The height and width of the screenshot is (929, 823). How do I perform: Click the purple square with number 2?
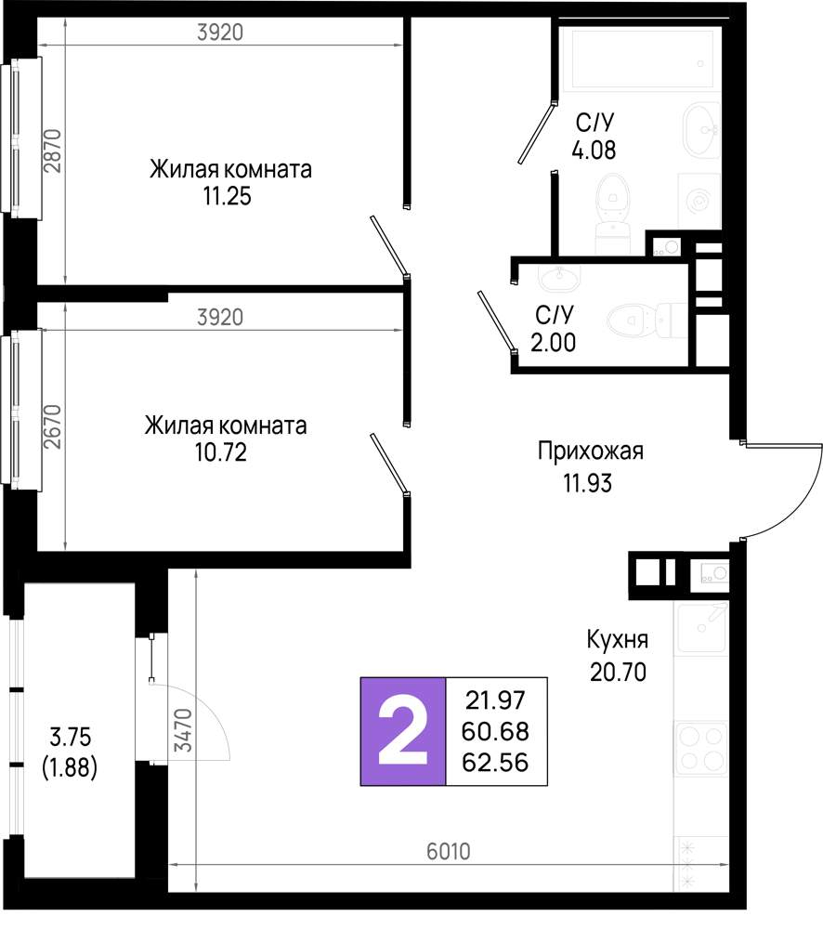point(403,731)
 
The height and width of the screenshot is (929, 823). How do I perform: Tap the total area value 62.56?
point(495,764)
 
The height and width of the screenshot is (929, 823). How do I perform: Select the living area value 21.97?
point(495,699)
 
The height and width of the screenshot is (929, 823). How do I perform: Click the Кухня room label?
point(617,641)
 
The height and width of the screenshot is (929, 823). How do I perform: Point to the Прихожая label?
point(591,452)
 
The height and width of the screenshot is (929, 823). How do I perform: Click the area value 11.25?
point(228,196)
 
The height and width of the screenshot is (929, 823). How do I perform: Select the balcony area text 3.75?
point(71,739)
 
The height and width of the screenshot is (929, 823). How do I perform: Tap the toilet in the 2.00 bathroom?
point(640,321)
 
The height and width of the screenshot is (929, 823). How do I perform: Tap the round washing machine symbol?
point(698,199)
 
